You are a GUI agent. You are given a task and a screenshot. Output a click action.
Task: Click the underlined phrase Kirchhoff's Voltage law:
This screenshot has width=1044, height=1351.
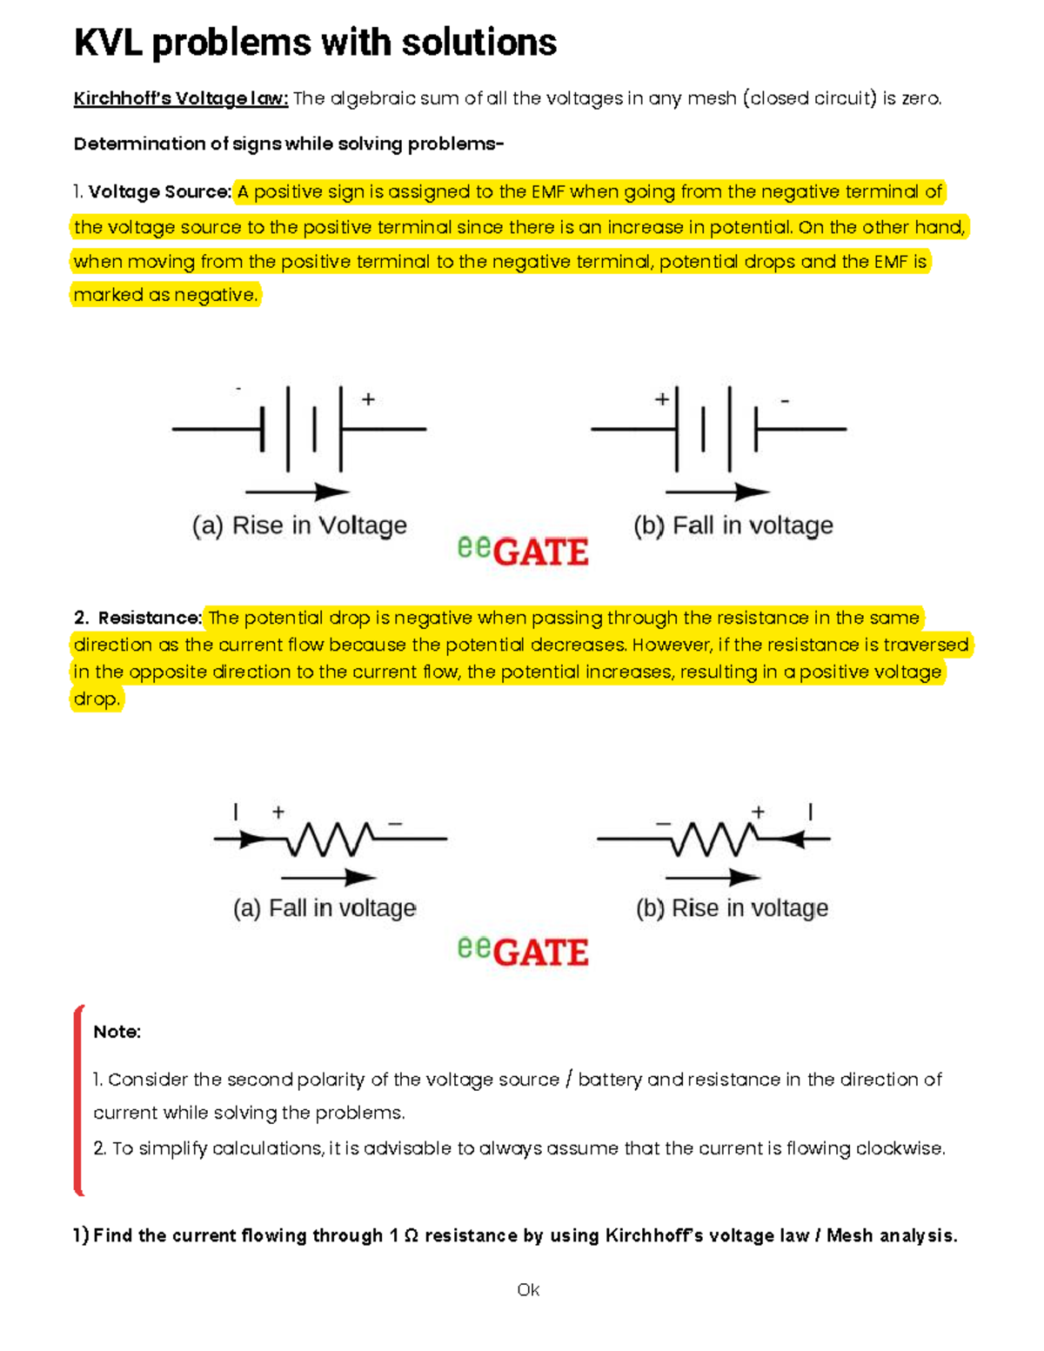pyautogui.click(x=180, y=98)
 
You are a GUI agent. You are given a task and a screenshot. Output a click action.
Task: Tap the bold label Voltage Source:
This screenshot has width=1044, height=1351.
pyautogui.click(x=160, y=191)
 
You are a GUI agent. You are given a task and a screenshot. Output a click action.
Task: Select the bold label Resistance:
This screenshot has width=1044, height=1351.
pyautogui.click(x=150, y=618)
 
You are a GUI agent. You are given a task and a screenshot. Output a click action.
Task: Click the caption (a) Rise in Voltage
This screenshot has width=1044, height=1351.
pyautogui.click(x=299, y=525)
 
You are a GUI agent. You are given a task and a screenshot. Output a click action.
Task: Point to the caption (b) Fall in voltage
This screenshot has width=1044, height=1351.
pyautogui.click(x=733, y=525)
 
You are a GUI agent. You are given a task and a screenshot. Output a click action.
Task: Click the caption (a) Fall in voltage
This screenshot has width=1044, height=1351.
pyautogui.click(x=325, y=908)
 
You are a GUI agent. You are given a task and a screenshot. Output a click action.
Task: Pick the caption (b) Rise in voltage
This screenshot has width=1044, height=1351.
pyautogui.click(x=732, y=908)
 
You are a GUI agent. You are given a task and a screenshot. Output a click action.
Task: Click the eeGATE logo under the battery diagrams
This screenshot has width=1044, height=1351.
pyautogui.click(x=523, y=550)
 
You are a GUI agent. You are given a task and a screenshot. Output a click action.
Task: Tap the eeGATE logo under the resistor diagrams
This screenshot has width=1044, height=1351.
pyautogui.click(x=523, y=950)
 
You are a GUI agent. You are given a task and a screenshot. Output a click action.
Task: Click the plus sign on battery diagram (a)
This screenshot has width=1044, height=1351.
pyautogui.click(x=369, y=399)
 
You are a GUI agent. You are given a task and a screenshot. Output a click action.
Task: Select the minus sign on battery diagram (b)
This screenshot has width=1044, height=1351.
pyautogui.click(x=785, y=401)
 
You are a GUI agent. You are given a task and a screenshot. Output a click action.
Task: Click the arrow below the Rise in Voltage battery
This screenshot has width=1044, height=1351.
pyautogui.click(x=298, y=492)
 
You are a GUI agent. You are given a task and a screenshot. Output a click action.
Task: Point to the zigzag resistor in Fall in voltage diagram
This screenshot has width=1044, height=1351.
pyautogui.click(x=329, y=839)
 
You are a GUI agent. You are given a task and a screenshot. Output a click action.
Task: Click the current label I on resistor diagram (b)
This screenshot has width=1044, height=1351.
pyautogui.click(x=810, y=812)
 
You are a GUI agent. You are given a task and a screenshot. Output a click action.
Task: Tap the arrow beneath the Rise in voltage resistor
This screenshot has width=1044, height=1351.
pyautogui.click(x=713, y=877)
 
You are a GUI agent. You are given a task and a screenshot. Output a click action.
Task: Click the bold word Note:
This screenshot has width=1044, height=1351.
pyautogui.click(x=117, y=1032)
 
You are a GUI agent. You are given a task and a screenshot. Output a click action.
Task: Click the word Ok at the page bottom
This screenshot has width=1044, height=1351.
pyautogui.click(x=528, y=1289)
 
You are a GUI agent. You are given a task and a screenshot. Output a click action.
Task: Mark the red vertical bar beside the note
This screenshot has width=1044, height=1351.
pyautogui.click(x=78, y=1100)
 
